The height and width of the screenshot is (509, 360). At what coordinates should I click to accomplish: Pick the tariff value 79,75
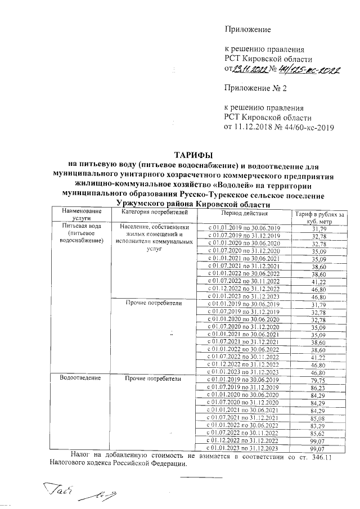coord(320,380)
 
